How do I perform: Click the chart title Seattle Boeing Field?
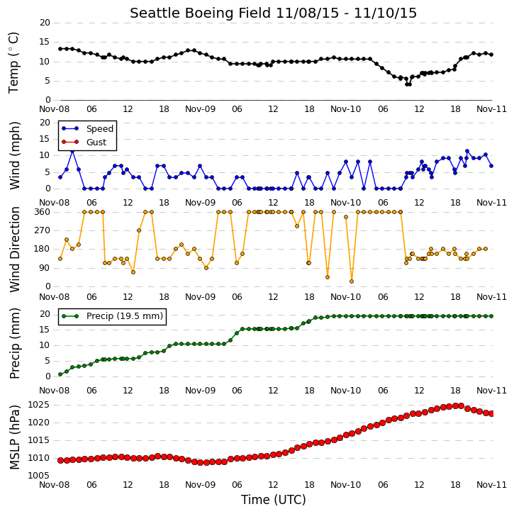pos(201,13)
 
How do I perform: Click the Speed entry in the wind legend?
pos(100,129)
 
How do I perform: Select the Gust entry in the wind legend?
pos(96,143)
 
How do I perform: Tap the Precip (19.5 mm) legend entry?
pos(125,316)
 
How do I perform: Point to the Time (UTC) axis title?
pos(274,500)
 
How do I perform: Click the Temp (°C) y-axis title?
pos(13,62)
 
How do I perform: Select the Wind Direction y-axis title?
pos(14,250)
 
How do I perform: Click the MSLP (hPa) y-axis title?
pos(14,437)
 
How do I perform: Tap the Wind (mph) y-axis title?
pos(14,155)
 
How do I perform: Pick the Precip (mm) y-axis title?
pos(14,344)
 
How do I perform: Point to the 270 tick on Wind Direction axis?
pos(43,230)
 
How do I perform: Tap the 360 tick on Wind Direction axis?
pos(43,212)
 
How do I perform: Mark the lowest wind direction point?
pos(352,281)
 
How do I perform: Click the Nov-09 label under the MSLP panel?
pos(201,485)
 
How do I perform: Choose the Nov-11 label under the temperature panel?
pos(491,109)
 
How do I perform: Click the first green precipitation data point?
pos(60,374)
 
